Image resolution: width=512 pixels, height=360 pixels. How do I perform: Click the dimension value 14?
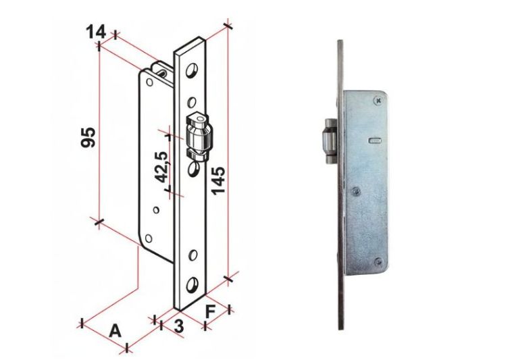[96, 32]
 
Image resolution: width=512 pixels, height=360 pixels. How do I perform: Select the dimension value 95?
[88, 137]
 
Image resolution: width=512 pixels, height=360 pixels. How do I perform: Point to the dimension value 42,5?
[161, 167]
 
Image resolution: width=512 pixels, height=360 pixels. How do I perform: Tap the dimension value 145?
[217, 180]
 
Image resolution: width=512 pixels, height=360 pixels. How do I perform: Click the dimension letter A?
[115, 331]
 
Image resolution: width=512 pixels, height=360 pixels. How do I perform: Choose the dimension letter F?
[210, 311]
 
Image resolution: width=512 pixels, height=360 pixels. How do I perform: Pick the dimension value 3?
[178, 326]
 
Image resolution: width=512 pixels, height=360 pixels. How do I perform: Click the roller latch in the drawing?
[198, 136]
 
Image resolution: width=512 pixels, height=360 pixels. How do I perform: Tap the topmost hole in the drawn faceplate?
[191, 70]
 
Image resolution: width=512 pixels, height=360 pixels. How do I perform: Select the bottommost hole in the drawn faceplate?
[193, 285]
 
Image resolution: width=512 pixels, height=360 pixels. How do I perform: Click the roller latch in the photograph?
[329, 141]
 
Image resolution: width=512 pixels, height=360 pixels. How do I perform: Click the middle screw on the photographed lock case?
[357, 191]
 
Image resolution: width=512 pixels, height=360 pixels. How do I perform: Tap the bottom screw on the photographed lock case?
[379, 261]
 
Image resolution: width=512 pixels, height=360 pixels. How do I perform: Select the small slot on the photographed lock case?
[376, 140]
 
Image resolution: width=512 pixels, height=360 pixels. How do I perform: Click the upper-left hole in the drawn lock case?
[150, 82]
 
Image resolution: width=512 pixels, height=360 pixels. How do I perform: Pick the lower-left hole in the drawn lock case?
[149, 238]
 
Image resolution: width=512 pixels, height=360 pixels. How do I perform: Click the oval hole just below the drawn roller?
[193, 168]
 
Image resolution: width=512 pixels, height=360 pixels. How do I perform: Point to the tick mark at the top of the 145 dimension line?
[228, 26]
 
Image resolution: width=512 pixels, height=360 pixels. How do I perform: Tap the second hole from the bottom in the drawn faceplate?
[193, 255]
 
